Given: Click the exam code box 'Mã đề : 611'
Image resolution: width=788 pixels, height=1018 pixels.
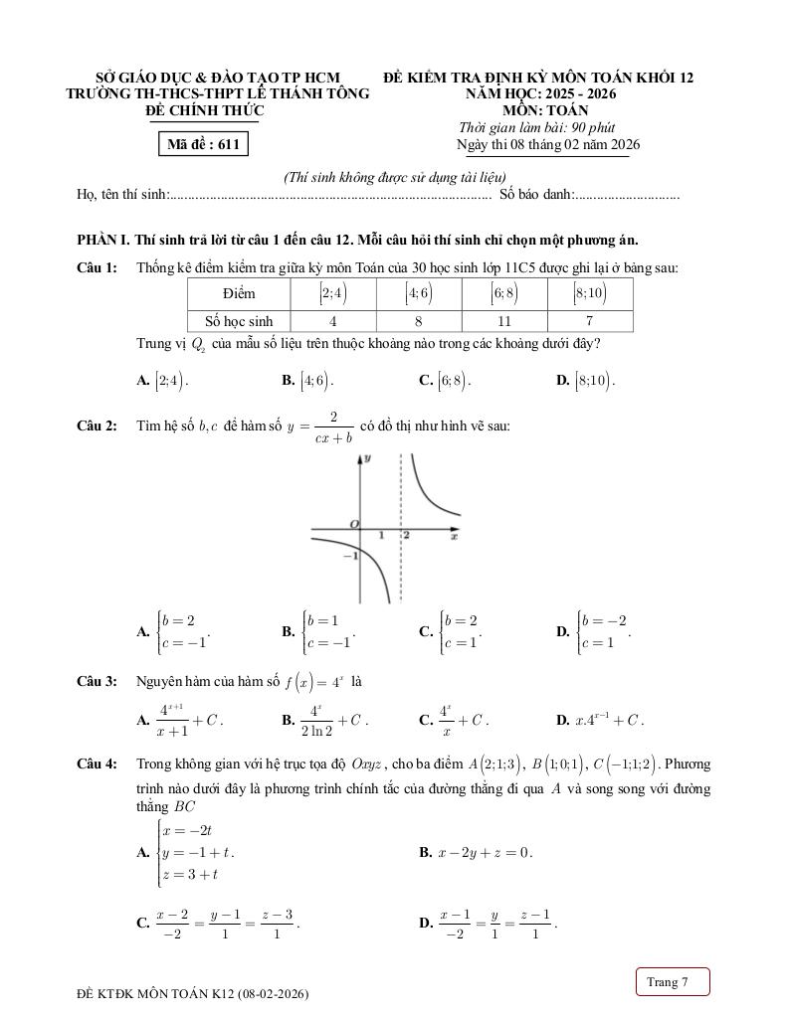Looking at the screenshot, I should [x=203, y=145].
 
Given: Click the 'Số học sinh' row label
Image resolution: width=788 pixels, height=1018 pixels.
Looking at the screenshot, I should [x=239, y=321].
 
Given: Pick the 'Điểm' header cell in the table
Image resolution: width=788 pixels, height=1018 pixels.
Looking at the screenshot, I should [x=239, y=293].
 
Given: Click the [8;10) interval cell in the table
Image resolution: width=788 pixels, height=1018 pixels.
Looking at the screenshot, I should [x=589, y=293].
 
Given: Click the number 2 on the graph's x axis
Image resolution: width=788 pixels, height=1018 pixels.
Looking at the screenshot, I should [x=406, y=535].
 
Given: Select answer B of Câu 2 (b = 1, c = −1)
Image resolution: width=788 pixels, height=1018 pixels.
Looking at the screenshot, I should [x=319, y=631].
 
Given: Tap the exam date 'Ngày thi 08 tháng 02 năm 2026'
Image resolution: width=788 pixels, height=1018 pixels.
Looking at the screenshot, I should [x=547, y=145].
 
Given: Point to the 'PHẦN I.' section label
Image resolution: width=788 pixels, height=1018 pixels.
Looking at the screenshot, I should [x=103, y=241].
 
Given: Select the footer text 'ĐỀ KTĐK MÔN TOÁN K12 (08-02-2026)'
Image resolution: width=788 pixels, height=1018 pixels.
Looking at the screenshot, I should [x=192, y=993].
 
